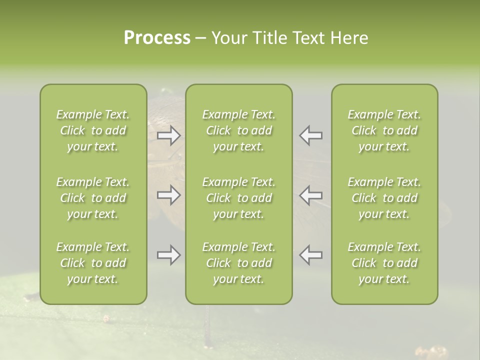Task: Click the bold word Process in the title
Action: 157,38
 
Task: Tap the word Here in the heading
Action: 350,38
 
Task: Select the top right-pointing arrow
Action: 169,135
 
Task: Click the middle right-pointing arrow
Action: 169,195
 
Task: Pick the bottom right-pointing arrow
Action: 169,255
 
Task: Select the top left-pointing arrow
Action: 311,135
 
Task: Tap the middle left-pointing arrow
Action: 311,195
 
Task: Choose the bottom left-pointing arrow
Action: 311,255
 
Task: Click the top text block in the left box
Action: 93,130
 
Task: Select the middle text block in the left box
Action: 93,198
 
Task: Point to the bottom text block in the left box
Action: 93,263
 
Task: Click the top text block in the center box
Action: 239,130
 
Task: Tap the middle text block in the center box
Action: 239,198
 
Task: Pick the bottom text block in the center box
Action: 239,263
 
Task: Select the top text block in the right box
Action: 384,130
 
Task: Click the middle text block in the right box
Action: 384,198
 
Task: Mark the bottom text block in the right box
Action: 384,263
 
